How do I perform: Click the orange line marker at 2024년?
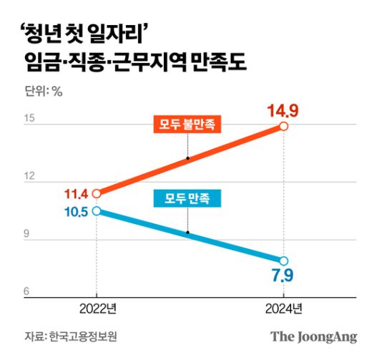click(284, 127)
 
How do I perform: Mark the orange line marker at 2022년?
click(97, 193)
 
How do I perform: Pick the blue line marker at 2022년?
click(97, 210)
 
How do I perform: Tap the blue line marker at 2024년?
click(284, 261)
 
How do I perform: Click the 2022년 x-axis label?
click(97, 308)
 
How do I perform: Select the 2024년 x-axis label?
click(284, 308)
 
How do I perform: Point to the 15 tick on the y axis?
click(29, 119)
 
